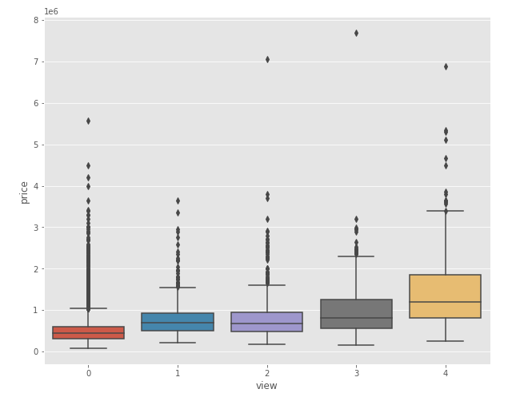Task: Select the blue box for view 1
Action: pos(178,322)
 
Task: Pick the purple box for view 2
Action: pos(267,322)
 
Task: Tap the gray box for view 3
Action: pos(356,314)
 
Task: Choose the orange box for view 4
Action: pos(446,296)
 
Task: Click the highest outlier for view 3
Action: pos(356,33)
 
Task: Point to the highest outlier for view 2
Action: pos(267,59)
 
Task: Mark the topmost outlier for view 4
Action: pos(446,66)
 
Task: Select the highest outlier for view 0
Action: pos(88,121)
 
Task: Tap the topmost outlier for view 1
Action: pos(178,200)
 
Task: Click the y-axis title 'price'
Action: pos(25,192)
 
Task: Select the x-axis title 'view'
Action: pos(266,385)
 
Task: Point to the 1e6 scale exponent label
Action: pos(51,11)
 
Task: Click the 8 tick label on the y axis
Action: pos(36,20)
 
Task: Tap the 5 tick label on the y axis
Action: pos(36,145)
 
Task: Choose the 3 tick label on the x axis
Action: pos(356,372)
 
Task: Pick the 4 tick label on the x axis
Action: pos(446,372)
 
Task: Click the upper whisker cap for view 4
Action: pos(446,211)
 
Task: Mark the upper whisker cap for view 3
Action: pos(356,256)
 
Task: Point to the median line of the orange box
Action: pos(446,302)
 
